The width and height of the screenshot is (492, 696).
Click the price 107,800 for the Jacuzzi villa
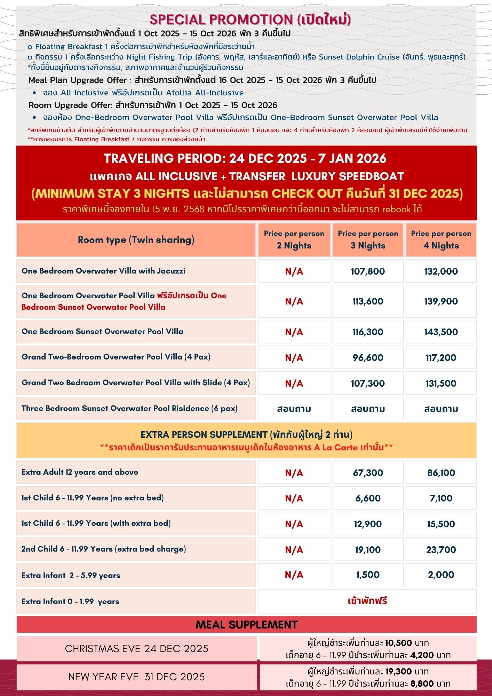coord(367,271)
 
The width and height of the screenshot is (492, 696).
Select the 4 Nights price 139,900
coord(441,301)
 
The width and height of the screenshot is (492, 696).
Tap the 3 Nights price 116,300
coord(367,332)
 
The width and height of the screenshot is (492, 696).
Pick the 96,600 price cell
coord(368,358)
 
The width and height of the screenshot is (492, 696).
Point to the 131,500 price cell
coord(441,383)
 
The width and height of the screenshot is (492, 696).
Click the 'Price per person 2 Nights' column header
coord(294,240)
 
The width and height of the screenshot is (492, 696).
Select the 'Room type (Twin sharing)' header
coord(136,240)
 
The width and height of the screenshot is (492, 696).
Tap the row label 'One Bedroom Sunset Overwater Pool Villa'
coord(102,332)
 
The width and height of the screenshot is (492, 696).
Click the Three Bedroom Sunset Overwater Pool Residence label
coord(129,409)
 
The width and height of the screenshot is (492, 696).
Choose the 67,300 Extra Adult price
coord(368,473)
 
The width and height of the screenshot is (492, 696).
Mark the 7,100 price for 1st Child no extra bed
coord(441,498)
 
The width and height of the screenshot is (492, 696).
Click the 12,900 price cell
coord(368,524)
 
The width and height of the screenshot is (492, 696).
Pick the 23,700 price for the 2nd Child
coord(441,550)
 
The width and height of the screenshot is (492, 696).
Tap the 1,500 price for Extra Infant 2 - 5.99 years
coord(368,575)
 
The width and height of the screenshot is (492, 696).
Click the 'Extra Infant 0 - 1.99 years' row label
coord(70,602)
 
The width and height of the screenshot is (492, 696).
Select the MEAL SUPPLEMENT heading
coord(246,625)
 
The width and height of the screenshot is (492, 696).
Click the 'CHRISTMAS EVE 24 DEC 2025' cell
coord(136,649)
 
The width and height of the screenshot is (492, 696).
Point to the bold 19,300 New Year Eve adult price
coord(400,672)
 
